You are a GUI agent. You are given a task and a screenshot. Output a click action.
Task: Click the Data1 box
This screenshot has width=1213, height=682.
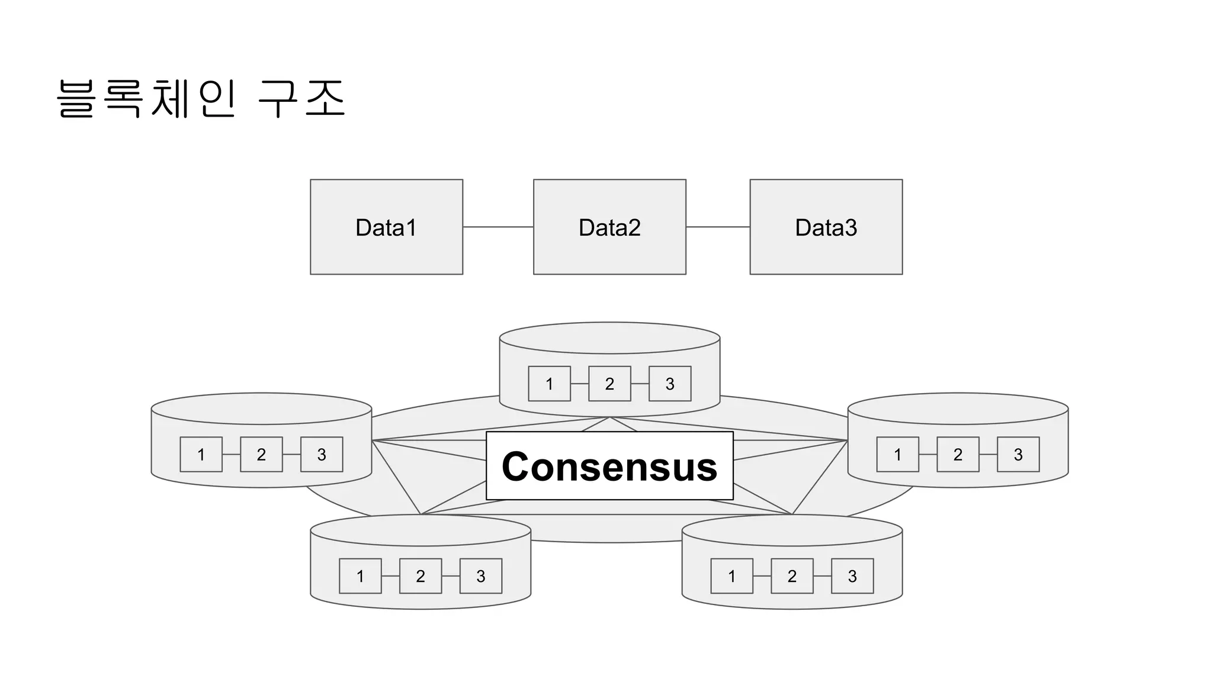(x=386, y=227)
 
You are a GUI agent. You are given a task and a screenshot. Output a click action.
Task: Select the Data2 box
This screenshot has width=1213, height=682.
(x=609, y=227)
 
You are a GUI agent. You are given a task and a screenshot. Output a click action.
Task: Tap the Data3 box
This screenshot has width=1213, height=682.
(x=826, y=227)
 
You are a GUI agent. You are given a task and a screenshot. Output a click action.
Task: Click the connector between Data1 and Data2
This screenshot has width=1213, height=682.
(x=498, y=227)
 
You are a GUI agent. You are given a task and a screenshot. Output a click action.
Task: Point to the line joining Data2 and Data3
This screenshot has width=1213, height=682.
(x=717, y=227)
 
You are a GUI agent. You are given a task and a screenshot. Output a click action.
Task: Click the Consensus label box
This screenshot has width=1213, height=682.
(x=609, y=466)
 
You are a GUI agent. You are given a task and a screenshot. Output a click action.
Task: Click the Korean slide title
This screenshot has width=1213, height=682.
(x=201, y=99)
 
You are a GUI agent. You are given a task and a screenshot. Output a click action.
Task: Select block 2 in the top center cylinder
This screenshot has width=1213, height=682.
(x=609, y=384)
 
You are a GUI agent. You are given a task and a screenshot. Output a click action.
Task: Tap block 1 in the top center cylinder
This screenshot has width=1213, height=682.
(x=549, y=384)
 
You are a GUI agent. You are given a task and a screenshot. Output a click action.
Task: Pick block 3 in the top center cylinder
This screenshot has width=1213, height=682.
(x=670, y=384)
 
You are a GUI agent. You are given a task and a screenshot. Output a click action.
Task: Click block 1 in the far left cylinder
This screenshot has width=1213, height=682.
(x=201, y=454)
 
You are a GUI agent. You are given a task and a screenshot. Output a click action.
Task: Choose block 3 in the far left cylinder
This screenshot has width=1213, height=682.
(x=322, y=454)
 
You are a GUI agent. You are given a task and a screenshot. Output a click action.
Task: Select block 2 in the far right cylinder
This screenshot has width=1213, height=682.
(x=958, y=454)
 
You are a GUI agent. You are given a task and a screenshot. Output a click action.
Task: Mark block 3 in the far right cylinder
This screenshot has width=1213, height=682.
(x=1018, y=454)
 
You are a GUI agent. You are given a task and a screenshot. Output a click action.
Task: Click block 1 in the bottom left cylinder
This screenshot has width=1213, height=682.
(x=360, y=576)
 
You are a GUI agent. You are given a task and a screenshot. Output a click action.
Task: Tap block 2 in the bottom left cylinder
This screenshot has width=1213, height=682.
(x=421, y=576)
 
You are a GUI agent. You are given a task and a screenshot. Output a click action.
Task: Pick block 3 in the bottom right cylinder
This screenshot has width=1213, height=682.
(x=852, y=576)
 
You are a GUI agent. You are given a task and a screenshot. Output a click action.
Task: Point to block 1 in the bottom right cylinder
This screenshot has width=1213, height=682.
(x=731, y=576)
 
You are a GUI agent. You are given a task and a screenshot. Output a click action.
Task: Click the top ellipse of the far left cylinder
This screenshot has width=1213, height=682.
(x=261, y=408)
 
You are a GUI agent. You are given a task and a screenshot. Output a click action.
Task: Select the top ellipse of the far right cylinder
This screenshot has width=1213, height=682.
(x=958, y=408)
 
